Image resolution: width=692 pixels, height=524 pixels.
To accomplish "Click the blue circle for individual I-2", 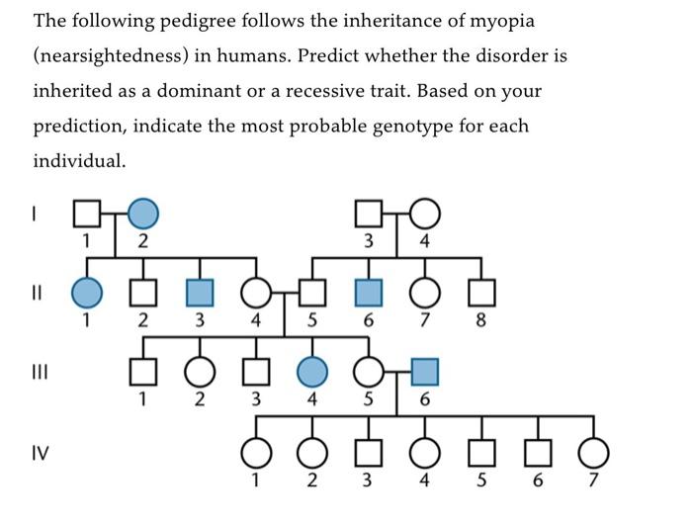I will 143,213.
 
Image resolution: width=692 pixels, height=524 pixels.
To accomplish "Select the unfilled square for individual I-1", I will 87,213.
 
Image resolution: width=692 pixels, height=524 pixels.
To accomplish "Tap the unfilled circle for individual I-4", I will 425,213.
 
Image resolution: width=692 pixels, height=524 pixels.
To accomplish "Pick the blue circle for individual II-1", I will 87,293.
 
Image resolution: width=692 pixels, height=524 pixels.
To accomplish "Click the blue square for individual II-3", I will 200,293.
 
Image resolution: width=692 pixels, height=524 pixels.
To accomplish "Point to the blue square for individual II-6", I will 369,293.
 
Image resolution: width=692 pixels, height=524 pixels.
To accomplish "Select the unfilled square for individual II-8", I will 481,293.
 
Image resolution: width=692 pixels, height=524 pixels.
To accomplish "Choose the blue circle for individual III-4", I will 312,372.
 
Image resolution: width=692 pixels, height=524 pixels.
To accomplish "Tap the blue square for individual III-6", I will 425,372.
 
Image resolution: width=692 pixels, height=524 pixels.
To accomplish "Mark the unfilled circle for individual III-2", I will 200,372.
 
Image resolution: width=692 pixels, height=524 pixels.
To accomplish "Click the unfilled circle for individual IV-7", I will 594,452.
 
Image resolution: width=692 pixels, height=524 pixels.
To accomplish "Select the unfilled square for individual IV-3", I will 369,452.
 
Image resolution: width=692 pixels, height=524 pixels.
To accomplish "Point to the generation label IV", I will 41,454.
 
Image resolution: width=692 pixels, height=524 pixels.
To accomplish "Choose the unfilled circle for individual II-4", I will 256,293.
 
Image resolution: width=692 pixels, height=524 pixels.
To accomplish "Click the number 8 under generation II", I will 481,320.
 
